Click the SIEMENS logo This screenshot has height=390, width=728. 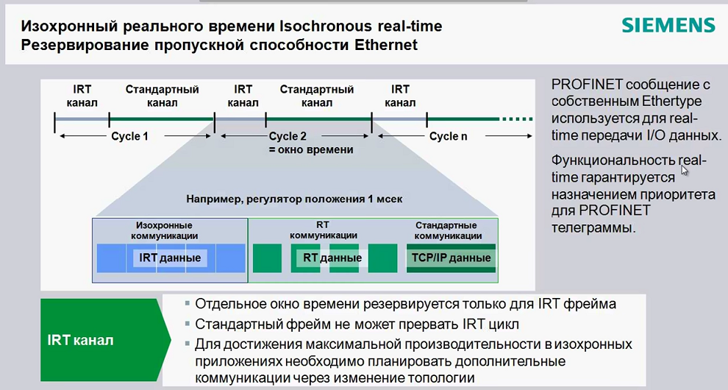pos(668,26)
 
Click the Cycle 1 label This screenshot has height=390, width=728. pos(129,136)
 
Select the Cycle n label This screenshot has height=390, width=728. pos(448,136)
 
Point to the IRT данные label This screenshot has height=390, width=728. pos(170,258)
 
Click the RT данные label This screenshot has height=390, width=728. pos(332,258)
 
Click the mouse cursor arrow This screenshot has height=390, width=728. pos(684,169)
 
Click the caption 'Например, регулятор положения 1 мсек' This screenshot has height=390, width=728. pos(294,199)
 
